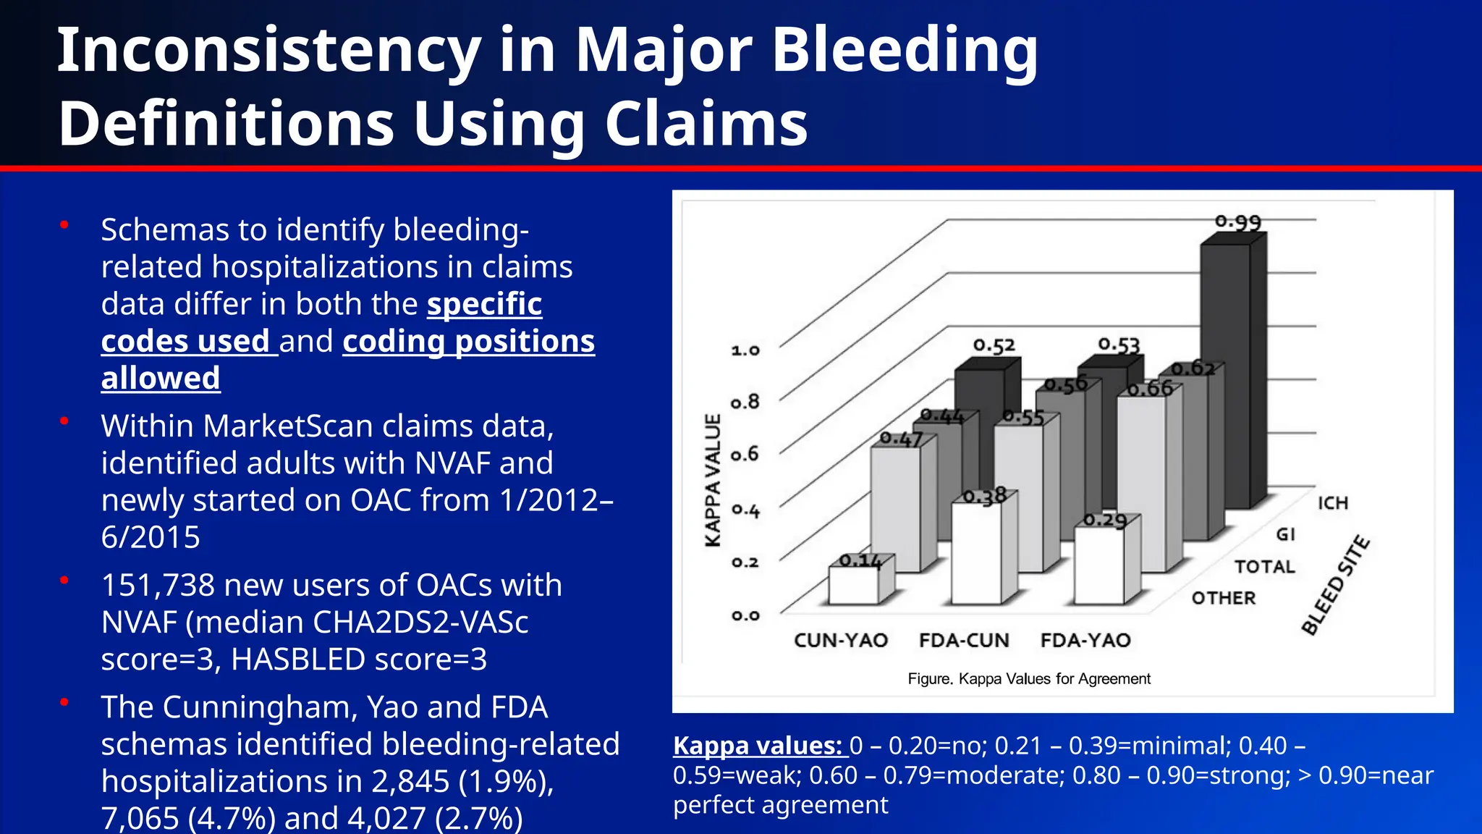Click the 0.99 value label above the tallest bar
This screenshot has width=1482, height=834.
tap(1237, 222)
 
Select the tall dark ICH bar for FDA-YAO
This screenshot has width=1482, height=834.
tap(1225, 376)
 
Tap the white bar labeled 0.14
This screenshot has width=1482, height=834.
tap(853, 586)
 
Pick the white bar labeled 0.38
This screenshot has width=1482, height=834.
tap(976, 554)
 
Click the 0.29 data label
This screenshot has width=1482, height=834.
tap(1105, 521)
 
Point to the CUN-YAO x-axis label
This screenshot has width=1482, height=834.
tap(841, 641)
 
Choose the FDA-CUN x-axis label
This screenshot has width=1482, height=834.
tap(964, 641)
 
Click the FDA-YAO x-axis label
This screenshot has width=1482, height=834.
tap(1085, 641)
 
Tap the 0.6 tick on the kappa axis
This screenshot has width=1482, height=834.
tap(745, 455)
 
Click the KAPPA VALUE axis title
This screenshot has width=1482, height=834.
tap(713, 481)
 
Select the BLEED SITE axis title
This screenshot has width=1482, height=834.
tap(1335, 585)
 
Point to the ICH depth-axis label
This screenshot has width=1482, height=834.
tap(1332, 503)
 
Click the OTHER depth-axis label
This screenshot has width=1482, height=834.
tap(1224, 599)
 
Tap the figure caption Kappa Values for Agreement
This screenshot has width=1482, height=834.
tap(1028, 679)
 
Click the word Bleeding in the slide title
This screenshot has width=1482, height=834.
tap(905, 51)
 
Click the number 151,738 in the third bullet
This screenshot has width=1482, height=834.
tap(158, 585)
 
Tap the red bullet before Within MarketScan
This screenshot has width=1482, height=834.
tap(64, 421)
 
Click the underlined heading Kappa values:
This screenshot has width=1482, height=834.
tap(758, 746)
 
